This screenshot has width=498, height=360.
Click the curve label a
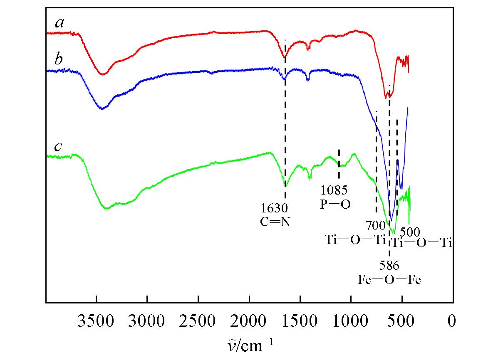coord(60,23)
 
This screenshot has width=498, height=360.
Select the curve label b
coord(59,59)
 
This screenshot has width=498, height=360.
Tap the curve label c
coord(59,147)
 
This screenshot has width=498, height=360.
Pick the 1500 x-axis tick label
coord(300,321)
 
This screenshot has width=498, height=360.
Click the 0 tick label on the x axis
coord(452,321)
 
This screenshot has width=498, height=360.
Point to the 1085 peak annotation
coord(334,191)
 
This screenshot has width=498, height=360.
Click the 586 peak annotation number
coord(389,265)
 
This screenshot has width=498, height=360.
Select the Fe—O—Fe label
coord(389,279)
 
